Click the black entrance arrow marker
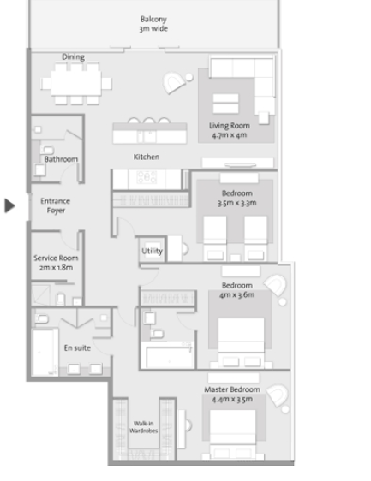pyautogui.click(x=9, y=205)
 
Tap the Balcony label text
pyautogui.click(x=153, y=20)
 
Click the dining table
pyautogui.click(x=76, y=83)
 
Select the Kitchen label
pyautogui.click(x=147, y=157)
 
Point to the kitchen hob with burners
pyautogui.click(x=147, y=177)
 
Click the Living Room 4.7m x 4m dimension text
pyautogui.click(x=230, y=135)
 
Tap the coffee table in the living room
pyautogui.click(x=225, y=104)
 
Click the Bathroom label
pyautogui.click(x=61, y=159)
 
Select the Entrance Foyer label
pyautogui.click(x=56, y=205)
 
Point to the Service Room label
pyautogui.click(x=56, y=258)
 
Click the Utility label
pyautogui.click(x=152, y=251)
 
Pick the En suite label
pyautogui.click(x=77, y=347)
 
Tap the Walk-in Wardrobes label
pyautogui.click(x=143, y=427)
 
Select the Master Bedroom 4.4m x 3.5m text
pyautogui.click(x=232, y=399)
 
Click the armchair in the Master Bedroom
pyautogui.click(x=278, y=395)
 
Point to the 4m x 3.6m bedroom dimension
pyautogui.click(x=236, y=295)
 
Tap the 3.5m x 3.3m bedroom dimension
pyautogui.click(x=236, y=203)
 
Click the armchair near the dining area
pyautogui.click(x=174, y=82)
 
